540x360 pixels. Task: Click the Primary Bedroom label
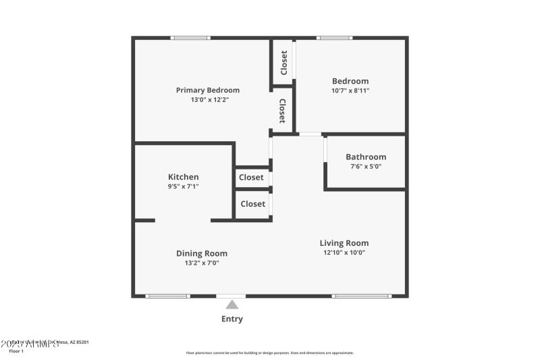coord(207,91)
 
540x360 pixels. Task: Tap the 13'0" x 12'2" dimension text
coord(207,100)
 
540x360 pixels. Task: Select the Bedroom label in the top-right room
coord(350,81)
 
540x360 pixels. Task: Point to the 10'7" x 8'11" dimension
coord(350,91)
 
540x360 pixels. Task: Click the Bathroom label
coord(366,157)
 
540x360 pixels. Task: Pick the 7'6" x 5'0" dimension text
coord(366,166)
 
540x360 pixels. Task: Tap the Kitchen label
coord(183,177)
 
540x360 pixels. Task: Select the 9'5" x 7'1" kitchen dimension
coord(183,186)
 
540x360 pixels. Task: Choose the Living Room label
coord(344,243)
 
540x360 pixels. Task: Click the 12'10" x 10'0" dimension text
coord(344,253)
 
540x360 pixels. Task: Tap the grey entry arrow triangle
coord(232,305)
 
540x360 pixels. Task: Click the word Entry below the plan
coord(232,319)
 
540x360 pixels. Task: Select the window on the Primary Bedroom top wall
coord(190,38)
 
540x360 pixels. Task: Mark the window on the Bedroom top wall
coord(335,38)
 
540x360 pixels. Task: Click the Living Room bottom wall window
coord(361,296)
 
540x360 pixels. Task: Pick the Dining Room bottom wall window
coord(167,296)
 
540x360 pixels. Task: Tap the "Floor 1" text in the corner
coord(16,351)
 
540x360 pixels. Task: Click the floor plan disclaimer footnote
coord(269,353)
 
